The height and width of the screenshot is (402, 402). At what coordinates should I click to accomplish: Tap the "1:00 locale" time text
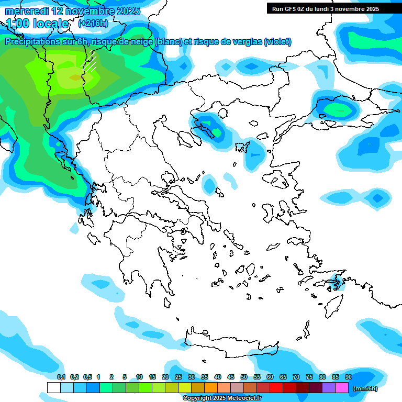coord(38,24)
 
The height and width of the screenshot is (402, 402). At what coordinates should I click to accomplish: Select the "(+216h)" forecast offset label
coord(93,24)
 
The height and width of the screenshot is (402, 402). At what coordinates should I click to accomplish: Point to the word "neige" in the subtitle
coord(140,42)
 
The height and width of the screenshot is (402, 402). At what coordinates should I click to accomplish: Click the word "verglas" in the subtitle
coord(247,42)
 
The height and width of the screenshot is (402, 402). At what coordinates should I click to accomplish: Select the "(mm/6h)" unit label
coord(365,388)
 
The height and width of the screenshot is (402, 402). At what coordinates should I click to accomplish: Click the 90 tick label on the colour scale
coord(348,377)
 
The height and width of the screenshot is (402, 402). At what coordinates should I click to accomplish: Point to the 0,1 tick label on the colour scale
coord(61,377)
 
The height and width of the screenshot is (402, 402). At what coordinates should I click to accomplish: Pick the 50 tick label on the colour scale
coord(244,377)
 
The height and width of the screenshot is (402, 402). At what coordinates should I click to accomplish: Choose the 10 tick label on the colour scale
coord(139,377)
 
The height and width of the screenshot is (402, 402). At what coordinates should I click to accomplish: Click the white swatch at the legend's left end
coord(53,388)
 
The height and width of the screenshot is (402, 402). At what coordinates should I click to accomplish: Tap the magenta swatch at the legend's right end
coord(341,388)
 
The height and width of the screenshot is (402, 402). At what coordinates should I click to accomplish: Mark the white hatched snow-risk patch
coord(90,63)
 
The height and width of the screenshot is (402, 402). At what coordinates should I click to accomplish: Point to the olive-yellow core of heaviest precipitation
coord(75,77)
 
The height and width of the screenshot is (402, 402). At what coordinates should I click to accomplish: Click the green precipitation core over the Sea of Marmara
coord(338,109)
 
